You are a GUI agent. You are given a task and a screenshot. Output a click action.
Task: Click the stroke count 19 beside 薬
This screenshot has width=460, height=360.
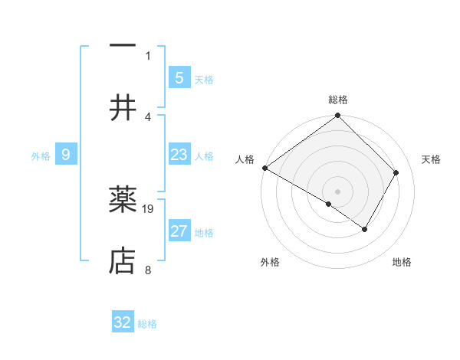[149, 208]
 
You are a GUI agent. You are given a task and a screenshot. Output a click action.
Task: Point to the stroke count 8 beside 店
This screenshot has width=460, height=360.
[147, 270]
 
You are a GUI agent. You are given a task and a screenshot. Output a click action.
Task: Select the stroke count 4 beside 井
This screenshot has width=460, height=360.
[148, 116]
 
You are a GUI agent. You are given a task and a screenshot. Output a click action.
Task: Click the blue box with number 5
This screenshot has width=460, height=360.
[179, 77]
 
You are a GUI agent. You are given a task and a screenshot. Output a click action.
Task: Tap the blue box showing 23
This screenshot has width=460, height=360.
[179, 155]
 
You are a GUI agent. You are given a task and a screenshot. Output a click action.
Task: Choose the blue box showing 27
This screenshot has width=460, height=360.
[179, 231]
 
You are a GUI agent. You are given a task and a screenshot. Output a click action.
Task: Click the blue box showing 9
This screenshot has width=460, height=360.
[66, 155]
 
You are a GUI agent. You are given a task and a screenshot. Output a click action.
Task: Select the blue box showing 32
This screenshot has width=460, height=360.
[123, 322]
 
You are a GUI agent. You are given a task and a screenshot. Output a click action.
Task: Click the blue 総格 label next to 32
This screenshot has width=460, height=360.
[147, 324]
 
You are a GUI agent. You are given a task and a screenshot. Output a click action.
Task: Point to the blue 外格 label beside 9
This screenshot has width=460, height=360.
[41, 156]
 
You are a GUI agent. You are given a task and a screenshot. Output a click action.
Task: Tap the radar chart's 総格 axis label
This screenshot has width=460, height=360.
[338, 100]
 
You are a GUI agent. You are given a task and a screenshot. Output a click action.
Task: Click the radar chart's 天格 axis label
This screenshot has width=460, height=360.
[432, 159]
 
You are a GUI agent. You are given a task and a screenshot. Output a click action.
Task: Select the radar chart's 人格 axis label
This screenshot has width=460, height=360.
[245, 159]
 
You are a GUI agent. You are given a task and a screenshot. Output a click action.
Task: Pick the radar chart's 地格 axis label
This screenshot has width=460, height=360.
[402, 262]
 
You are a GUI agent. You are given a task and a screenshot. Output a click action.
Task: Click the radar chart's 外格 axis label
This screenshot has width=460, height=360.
[270, 262]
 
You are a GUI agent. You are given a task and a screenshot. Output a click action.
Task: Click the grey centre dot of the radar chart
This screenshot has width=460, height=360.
[337, 191]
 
